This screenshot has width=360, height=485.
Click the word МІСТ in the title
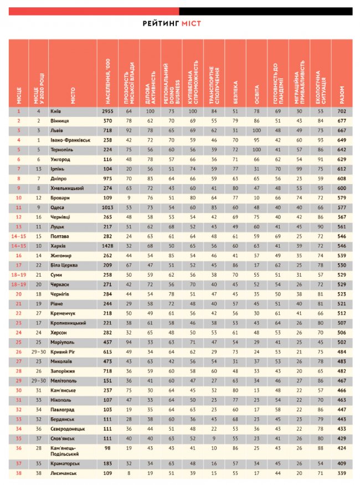[x=191, y=23]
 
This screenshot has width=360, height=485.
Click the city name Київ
[x=55, y=111]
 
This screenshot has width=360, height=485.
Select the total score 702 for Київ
[x=342, y=111]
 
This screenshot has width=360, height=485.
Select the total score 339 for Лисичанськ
[x=342, y=473]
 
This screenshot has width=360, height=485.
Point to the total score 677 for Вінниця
[x=342, y=120]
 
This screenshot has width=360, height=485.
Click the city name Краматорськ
[x=65, y=463]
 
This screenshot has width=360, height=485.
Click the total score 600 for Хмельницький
[x=342, y=188]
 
